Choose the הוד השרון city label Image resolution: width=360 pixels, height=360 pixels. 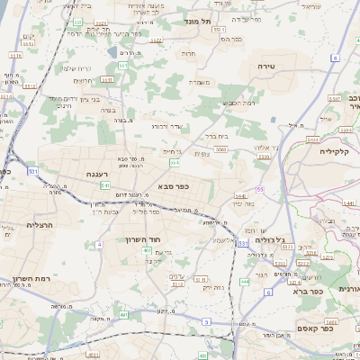tap(142, 240)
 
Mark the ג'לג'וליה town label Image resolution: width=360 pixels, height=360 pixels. tap(271, 240)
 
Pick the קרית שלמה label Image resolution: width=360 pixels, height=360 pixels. tap(74, 67)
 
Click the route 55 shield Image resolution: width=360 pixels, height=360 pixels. tap(259, 190)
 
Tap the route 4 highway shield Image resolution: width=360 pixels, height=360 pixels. tap(97, 244)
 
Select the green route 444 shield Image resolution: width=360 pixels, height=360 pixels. tap(246, 282)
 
